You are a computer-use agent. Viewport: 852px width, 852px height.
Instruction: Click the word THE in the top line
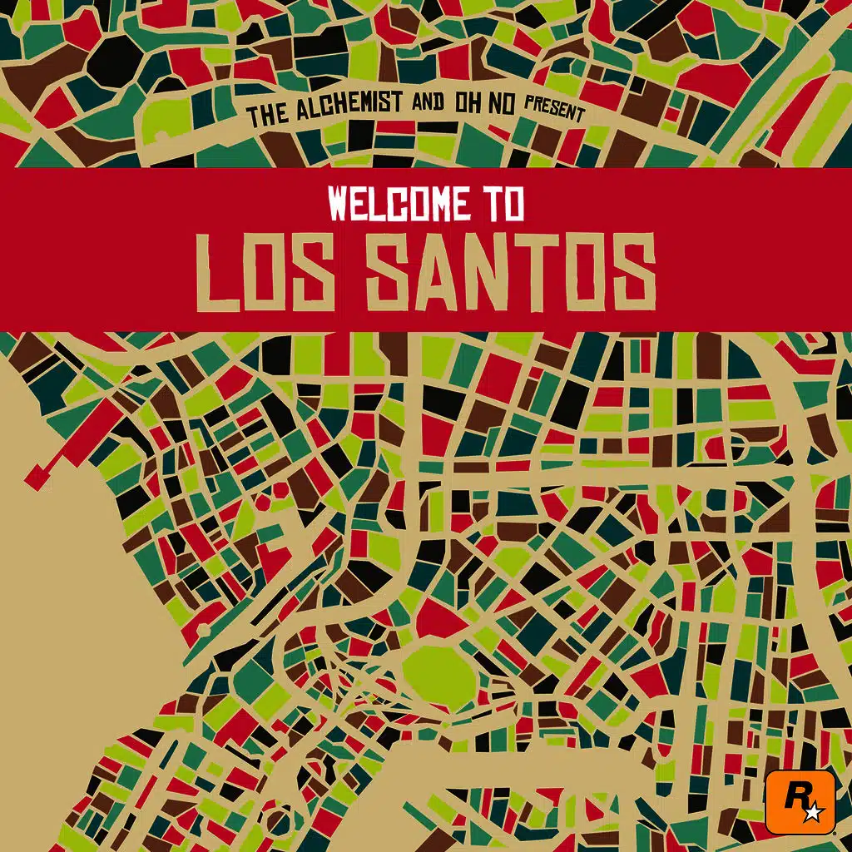[x=267, y=116]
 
